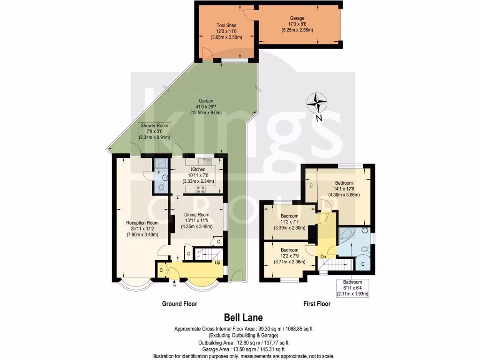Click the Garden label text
[206, 101]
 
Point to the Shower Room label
[155, 126]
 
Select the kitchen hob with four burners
[201, 189]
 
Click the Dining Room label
[196, 215]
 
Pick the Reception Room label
[142, 223]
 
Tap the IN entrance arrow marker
[174, 285]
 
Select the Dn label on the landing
[323, 256]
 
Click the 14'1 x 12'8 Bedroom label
[344, 183]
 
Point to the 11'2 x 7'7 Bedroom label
[290, 217]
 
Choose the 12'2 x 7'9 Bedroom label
[289, 250]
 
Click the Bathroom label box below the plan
[352, 288]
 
